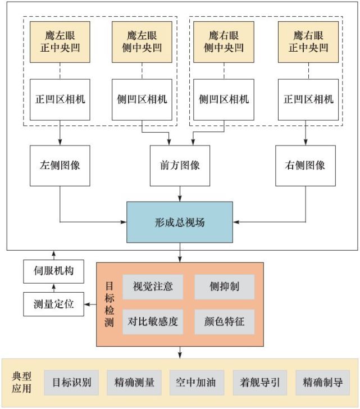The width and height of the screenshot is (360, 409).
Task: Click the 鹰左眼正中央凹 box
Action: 60,42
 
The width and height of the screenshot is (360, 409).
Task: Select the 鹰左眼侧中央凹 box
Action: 142,42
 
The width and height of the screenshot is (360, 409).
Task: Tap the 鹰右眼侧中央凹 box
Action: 224,42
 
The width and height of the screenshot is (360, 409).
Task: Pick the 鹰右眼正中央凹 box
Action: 308,42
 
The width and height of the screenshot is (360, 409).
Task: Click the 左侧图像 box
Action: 60,166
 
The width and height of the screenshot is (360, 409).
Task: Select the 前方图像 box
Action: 180,166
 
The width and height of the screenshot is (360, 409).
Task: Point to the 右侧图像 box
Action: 305,166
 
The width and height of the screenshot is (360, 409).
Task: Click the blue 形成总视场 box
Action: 180,222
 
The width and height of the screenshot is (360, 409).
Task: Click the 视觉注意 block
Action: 153,287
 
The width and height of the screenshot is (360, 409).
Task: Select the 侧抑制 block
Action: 224,287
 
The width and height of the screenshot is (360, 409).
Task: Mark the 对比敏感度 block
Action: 153,322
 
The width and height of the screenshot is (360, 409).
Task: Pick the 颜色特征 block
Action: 224,322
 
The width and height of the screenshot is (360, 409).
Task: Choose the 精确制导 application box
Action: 323,383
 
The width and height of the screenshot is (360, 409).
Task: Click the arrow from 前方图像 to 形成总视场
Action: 180,194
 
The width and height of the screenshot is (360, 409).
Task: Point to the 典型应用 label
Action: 22,382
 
